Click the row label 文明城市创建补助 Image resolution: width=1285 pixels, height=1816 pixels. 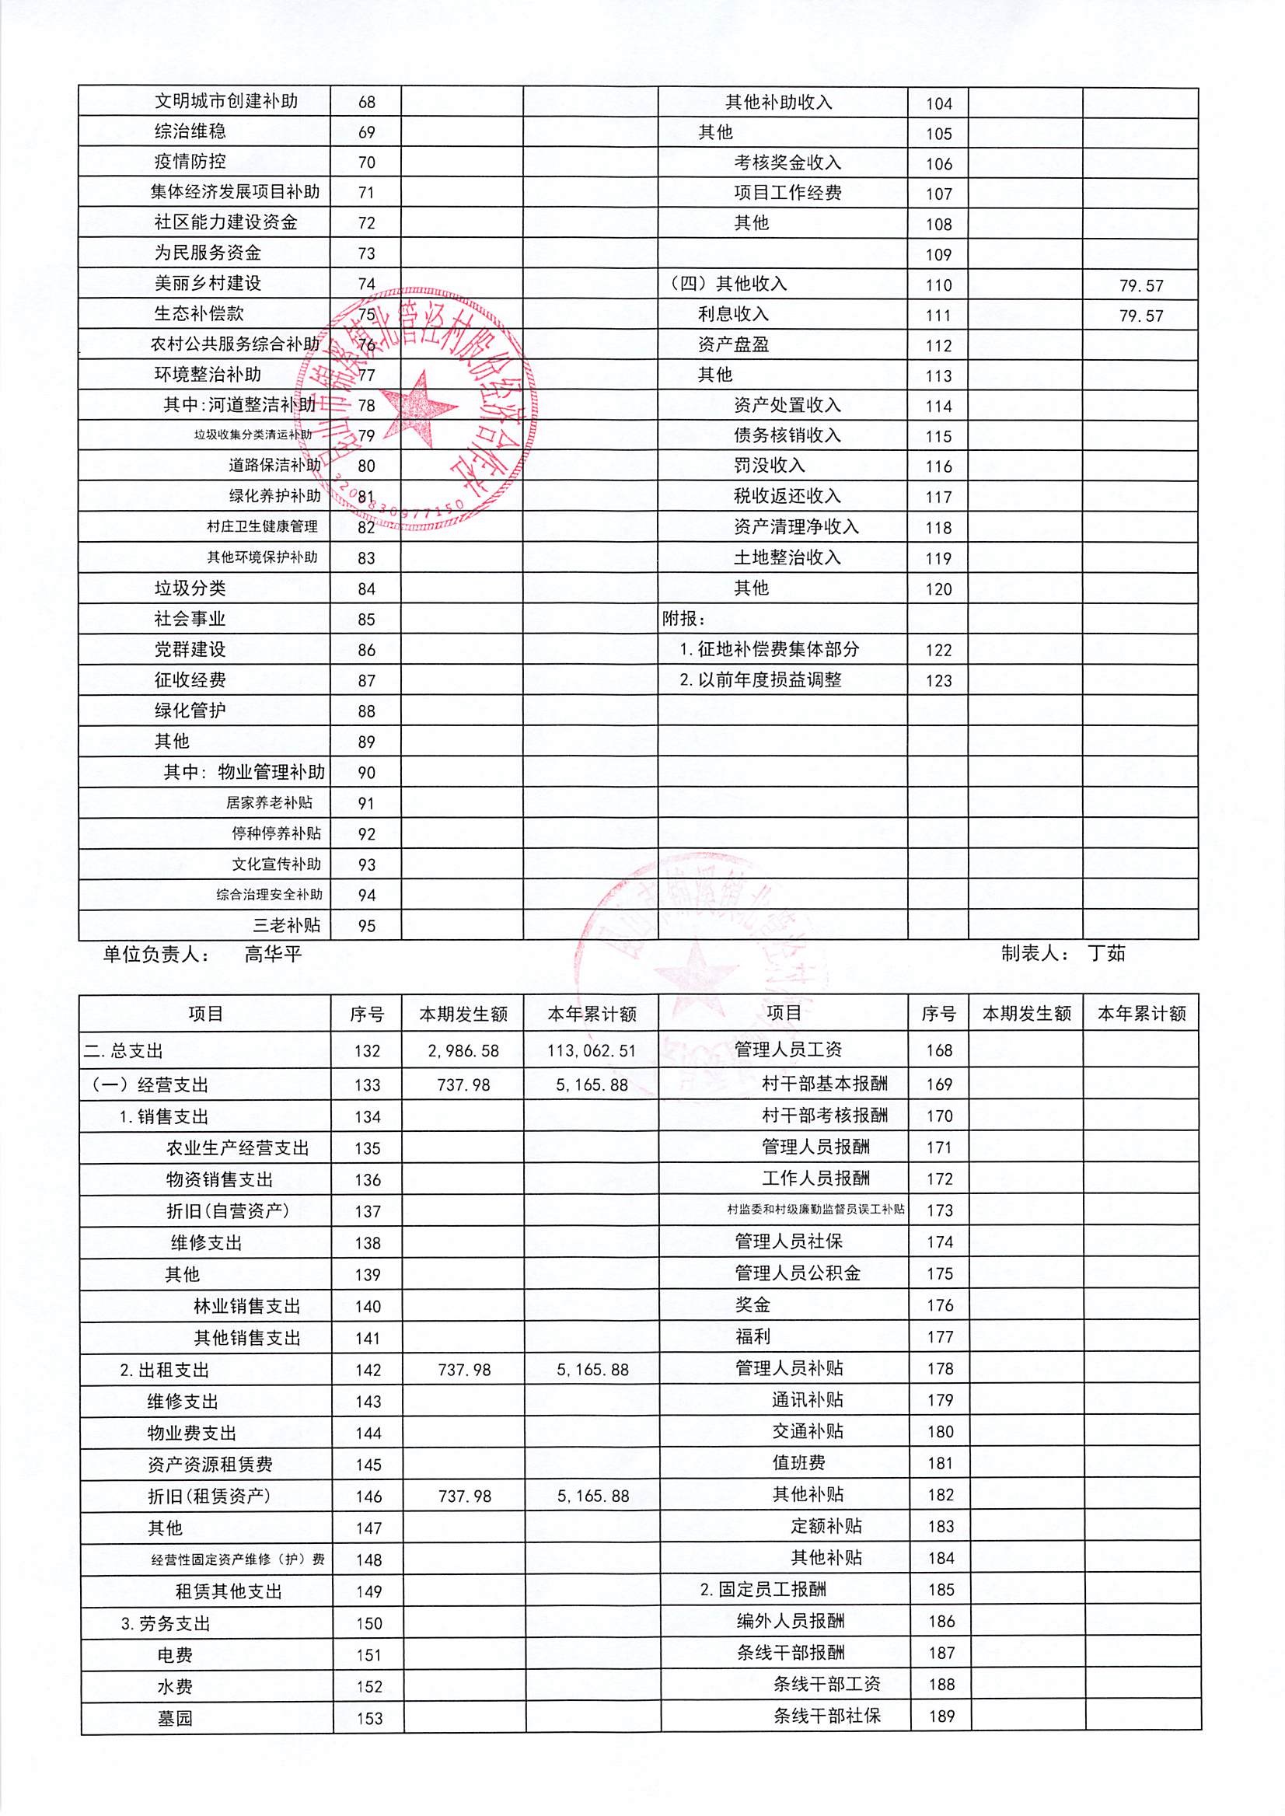pyautogui.click(x=225, y=101)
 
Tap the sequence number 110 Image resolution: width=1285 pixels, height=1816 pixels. pyautogui.click(x=938, y=285)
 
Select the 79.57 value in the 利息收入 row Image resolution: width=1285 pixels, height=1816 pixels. pyautogui.click(x=1141, y=316)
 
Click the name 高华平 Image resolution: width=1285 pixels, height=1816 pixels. pyautogui.click(x=273, y=955)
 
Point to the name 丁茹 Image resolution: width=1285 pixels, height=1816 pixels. pyautogui.click(x=1106, y=953)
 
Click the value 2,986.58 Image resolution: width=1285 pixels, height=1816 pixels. pyautogui.click(x=463, y=1051)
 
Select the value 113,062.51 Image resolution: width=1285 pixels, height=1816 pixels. pyautogui.click(x=592, y=1051)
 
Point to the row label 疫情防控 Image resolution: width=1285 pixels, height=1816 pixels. pyautogui.click(x=190, y=162)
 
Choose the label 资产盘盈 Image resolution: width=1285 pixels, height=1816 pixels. pyautogui.click(x=733, y=345)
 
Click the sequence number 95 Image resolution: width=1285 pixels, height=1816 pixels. pyautogui.click(x=366, y=926)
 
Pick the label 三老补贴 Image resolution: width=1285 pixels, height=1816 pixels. pyautogui.click(x=286, y=925)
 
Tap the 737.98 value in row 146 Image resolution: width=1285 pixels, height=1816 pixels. pyautogui.click(x=464, y=1496)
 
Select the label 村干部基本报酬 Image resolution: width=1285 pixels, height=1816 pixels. pyautogui.click(x=825, y=1083)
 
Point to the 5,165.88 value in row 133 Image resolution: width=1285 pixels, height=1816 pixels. pyautogui.click(x=592, y=1084)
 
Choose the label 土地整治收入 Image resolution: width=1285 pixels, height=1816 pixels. pyautogui.click(x=787, y=558)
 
